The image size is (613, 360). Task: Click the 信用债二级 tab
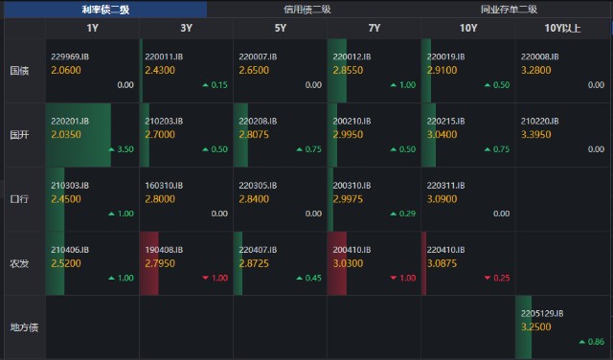[307, 9]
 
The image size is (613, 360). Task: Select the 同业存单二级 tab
[509, 9]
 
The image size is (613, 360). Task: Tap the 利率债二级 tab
[105, 9]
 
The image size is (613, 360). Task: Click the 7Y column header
[375, 28]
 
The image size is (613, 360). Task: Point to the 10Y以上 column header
[562, 28]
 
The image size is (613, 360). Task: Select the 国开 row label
[19, 135]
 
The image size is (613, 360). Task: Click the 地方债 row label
[24, 327]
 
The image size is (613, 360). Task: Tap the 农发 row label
[19, 263]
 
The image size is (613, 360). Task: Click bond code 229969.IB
[70, 56]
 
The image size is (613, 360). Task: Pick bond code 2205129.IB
[542, 313]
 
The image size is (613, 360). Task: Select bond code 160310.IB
[164, 186]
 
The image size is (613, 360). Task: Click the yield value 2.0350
[66, 134]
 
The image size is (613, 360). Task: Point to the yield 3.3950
[536, 134]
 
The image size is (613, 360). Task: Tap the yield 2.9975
[348, 199]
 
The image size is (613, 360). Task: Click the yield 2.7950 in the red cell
[160, 263]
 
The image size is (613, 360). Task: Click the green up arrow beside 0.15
[205, 85]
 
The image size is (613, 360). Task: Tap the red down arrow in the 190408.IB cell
[205, 278]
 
